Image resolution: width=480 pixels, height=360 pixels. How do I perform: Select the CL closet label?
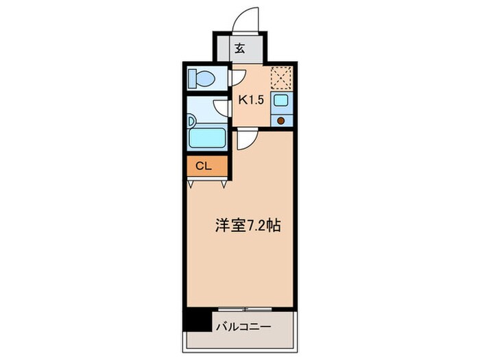click(204, 166)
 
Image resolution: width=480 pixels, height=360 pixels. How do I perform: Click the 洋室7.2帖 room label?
click(248, 224)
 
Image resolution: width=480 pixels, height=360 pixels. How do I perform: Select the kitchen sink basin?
click(281, 101)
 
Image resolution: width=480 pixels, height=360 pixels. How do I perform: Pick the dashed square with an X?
click(280, 77)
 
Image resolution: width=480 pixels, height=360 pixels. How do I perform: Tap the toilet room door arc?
click(237, 78)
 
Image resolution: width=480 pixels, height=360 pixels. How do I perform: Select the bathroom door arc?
click(221, 108)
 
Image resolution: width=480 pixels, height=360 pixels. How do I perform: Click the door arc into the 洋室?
click(246, 140)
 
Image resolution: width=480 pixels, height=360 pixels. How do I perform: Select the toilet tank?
click(192, 78)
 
